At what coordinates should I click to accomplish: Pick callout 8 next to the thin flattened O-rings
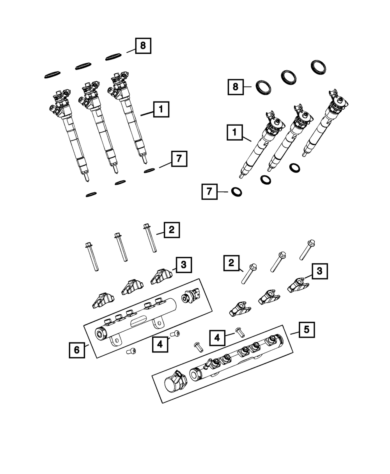(x=143, y=46)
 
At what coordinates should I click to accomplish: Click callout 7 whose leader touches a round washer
(x=209, y=192)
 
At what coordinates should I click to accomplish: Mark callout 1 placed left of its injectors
(x=235, y=133)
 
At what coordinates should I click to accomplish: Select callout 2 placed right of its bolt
(x=172, y=230)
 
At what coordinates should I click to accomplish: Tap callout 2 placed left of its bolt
(x=231, y=263)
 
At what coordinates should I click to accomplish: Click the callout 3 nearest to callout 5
(x=319, y=271)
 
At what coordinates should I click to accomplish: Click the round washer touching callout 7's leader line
(x=236, y=192)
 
